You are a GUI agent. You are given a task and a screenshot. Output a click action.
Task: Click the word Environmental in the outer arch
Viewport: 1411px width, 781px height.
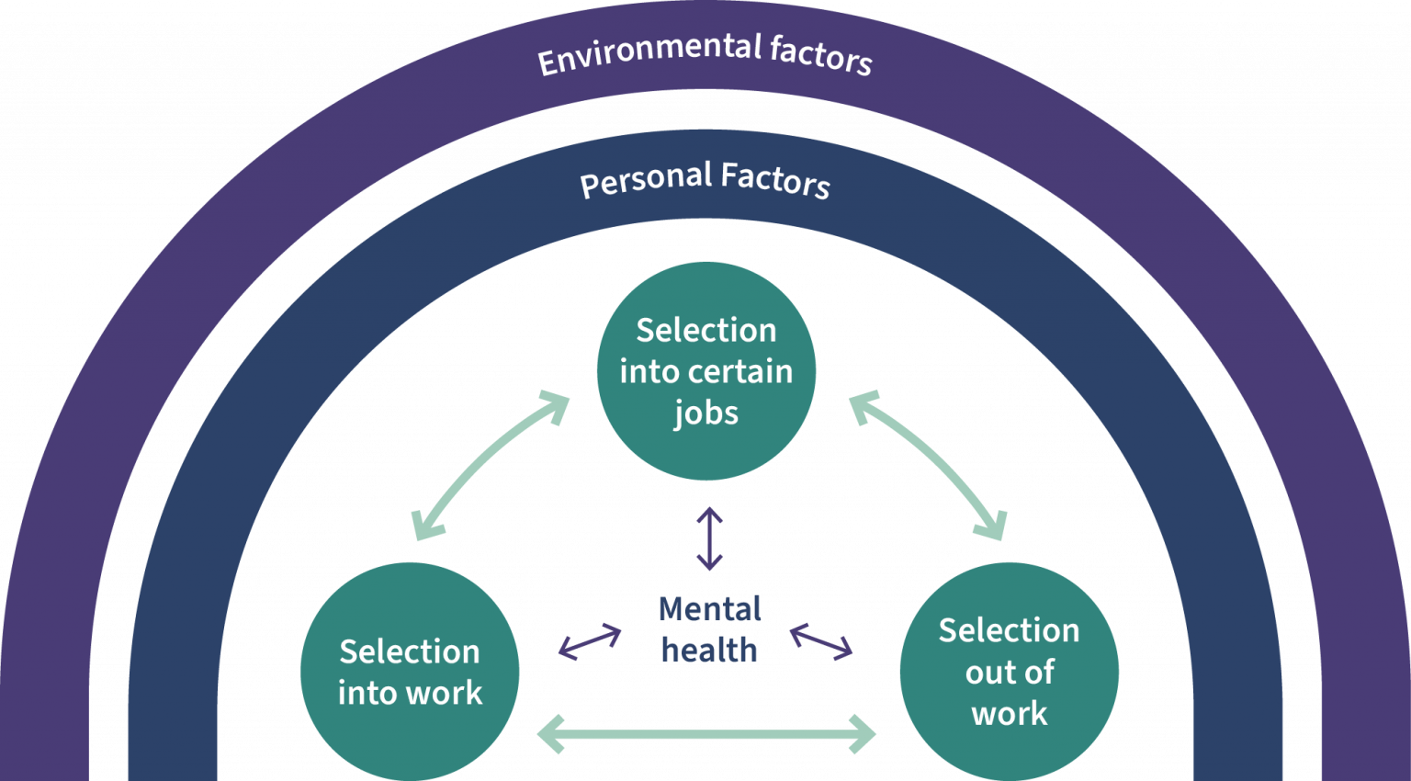[x=649, y=53]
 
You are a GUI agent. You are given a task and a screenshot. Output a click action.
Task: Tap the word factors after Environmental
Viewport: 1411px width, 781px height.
[x=820, y=54]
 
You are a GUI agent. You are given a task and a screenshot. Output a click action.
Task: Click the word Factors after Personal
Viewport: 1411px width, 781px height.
[x=775, y=178]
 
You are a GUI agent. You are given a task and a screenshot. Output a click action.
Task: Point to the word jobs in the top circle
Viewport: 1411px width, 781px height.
[x=705, y=413]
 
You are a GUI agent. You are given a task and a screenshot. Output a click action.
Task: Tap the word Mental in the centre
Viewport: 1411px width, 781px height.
[x=710, y=609]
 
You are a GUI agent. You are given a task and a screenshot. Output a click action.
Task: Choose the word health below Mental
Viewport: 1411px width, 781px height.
[x=709, y=651]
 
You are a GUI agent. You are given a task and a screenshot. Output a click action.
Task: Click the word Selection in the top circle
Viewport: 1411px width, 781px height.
[x=705, y=331]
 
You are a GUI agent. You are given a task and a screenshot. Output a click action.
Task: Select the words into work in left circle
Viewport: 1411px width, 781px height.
[x=410, y=694]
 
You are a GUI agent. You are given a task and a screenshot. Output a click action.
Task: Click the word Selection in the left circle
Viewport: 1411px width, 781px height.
[x=410, y=652]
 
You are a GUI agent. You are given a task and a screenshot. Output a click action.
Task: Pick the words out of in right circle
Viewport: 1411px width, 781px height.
[x=1009, y=673]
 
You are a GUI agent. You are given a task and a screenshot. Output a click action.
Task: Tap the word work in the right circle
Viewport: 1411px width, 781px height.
[x=1009, y=714]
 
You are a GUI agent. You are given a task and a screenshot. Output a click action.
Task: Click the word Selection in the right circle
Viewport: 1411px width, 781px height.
[x=1009, y=631]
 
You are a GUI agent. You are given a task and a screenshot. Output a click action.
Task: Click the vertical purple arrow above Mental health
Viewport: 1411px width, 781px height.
[x=709, y=538]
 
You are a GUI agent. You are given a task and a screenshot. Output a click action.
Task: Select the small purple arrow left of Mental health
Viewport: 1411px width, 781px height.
[x=590, y=641]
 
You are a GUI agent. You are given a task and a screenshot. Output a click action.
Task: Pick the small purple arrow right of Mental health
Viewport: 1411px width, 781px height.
[x=821, y=641]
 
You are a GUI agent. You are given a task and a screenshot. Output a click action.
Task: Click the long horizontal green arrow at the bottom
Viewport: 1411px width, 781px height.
[x=705, y=734]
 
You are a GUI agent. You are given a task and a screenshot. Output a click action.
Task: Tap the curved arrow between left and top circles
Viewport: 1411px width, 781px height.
[x=487, y=464]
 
